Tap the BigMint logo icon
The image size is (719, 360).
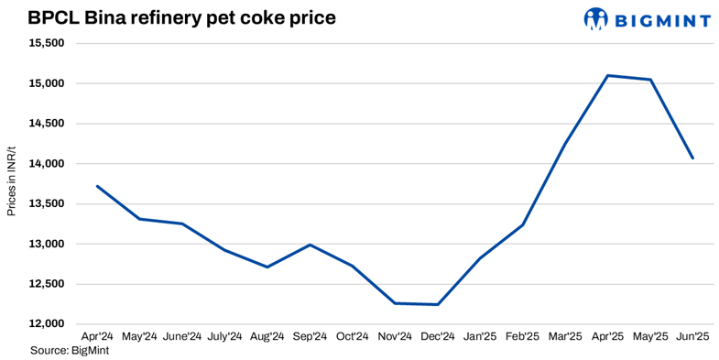(596, 18)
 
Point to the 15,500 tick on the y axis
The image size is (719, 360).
(45, 43)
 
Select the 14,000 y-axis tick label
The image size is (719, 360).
(45, 164)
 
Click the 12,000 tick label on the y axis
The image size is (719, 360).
(45, 324)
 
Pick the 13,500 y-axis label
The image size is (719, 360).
(45, 203)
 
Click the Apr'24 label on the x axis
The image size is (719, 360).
(96, 337)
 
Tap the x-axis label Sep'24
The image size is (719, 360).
(310, 337)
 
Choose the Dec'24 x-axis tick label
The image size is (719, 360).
(438, 337)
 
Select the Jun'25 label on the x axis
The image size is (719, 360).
(692, 337)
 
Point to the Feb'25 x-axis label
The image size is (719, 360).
(523, 337)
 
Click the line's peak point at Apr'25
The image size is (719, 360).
(608, 75)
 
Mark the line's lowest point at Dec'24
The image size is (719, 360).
(438, 304)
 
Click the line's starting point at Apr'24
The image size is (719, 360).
(97, 186)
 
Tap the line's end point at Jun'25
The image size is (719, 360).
(692, 158)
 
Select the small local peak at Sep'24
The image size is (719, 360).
(310, 245)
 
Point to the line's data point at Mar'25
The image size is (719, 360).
(565, 144)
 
